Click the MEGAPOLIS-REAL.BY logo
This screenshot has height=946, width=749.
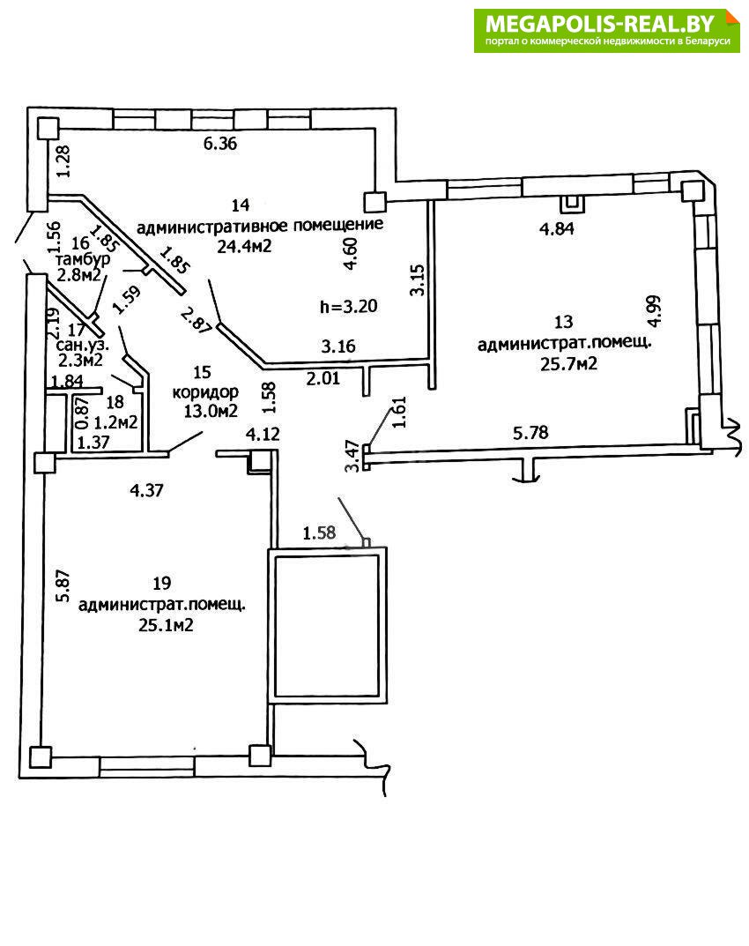pyautogui.click(x=607, y=31)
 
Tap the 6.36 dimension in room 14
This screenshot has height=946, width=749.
pyautogui.click(x=221, y=144)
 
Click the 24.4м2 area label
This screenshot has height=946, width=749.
pyautogui.click(x=242, y=246)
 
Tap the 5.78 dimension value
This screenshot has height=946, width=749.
pyautogui.click(x=532, y=433)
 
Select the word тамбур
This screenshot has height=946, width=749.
pyautogui.click(x=81, y=261)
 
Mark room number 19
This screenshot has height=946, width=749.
pyautogui.click(x=161, y=583)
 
